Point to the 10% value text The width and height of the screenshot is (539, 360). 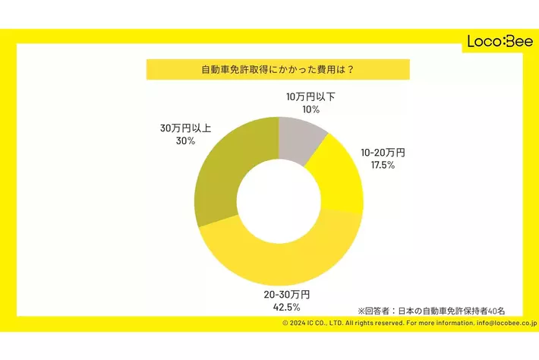click(310, 110)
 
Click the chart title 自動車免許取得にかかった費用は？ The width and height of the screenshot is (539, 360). click(277, 69)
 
